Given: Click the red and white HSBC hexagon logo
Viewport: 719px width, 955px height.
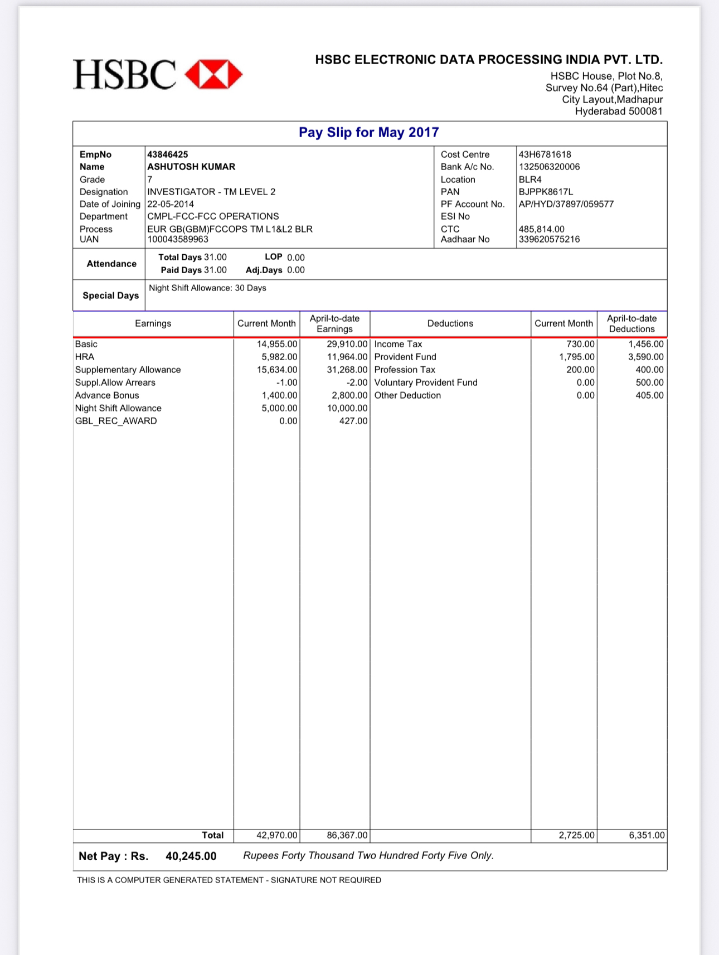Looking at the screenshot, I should click(213, 75).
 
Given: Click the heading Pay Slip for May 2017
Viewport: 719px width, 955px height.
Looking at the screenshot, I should click(368, 133).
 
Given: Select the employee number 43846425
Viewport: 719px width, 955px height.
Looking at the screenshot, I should click(168, 154).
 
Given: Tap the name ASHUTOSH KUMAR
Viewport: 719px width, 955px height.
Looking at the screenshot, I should click(191, 167).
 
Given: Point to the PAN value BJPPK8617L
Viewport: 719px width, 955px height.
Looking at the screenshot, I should click(546, 192).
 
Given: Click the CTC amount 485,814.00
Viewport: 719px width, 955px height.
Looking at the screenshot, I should click(541, 229).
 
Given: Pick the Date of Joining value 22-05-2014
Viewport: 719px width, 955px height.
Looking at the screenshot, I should click(171, 204).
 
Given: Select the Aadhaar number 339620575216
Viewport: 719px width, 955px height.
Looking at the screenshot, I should click(549, 239).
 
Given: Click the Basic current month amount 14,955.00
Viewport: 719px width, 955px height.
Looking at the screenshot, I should click(277, 344).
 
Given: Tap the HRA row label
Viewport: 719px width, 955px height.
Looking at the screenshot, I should click(85, 357).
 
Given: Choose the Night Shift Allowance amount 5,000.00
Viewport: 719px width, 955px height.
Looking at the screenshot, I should click(279, 408).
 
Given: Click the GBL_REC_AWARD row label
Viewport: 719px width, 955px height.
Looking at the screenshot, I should click(116, 421).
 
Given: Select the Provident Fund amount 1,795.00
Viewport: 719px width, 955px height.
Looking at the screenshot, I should click(577, 357).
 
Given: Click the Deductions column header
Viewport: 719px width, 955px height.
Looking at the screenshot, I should click(450, 323).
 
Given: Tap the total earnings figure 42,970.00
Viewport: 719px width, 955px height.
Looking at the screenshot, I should click(277, 835).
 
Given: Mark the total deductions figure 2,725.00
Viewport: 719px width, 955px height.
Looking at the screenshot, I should click(577, 835).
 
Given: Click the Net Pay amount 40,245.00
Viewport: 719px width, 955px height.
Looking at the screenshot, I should click(191, 856).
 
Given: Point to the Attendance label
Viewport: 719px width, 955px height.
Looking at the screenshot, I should click(111, 264).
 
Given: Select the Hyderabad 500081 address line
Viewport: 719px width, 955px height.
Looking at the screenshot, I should click(619, 111).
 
